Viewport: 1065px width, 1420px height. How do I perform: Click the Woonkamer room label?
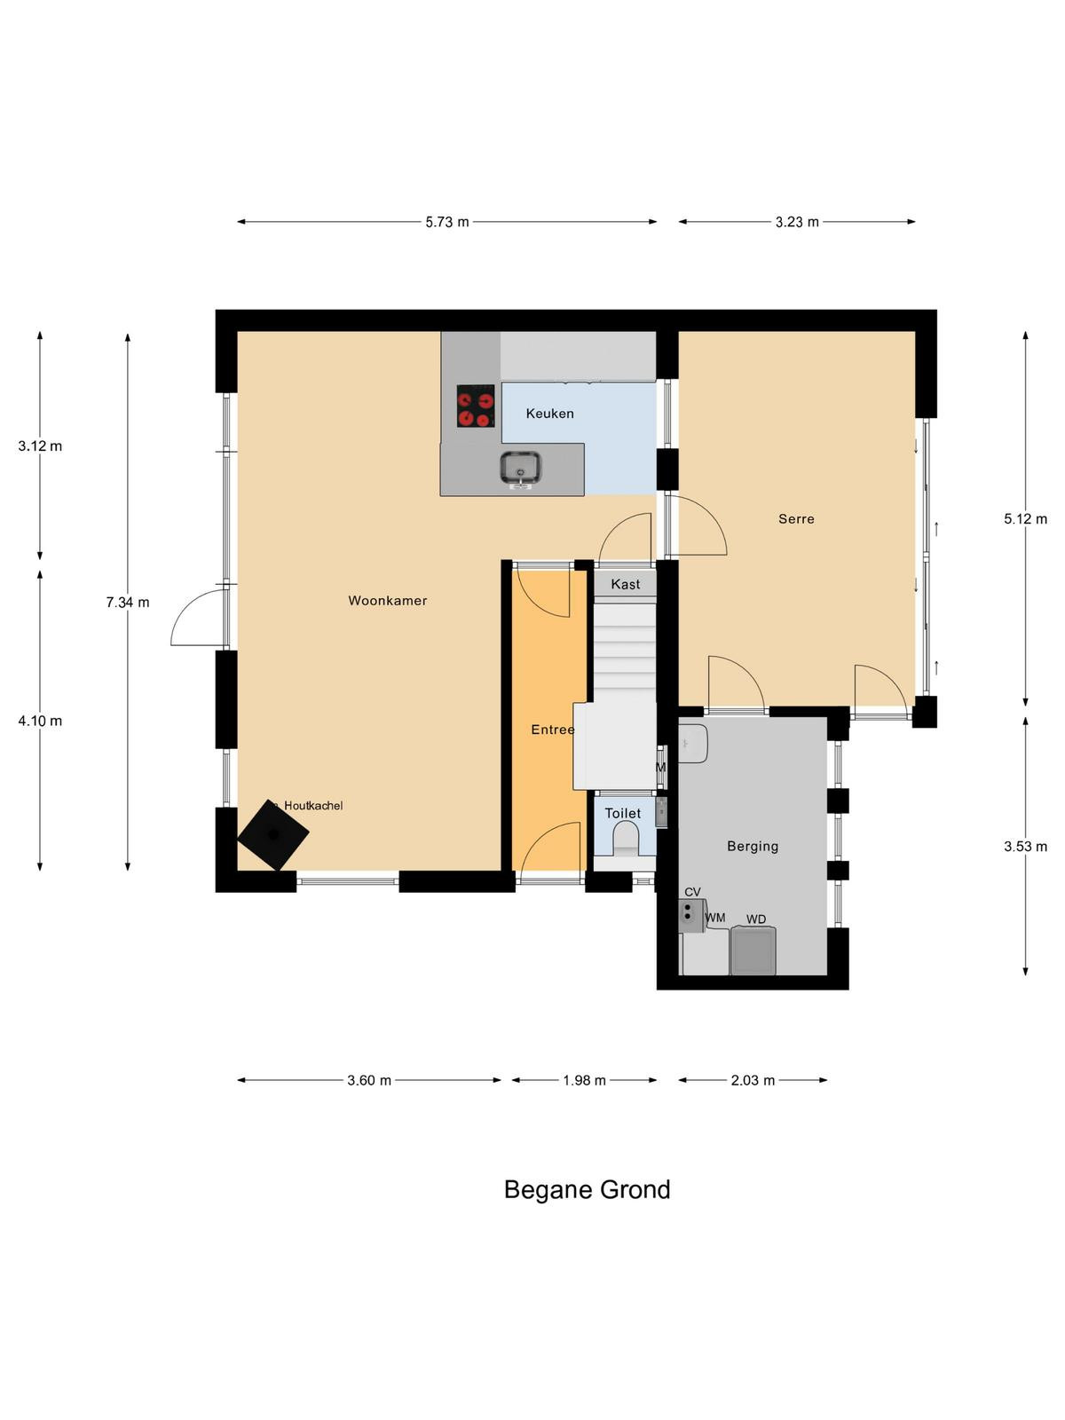pos(387,600)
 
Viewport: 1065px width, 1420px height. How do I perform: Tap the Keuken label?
pos(549,414)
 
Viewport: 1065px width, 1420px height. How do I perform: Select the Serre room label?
pos(796,519)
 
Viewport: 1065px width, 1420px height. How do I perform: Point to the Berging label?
pos(752,846)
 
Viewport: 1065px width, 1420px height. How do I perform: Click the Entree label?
pos(553,730)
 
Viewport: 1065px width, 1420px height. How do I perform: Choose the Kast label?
pos(626,584)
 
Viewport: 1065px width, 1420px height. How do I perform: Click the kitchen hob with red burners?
pos(476,406)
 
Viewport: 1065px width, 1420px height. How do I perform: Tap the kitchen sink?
pos(521,469)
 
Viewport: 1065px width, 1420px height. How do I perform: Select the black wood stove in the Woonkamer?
pos(272,834)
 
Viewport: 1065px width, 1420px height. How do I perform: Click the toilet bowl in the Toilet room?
pos(626,841)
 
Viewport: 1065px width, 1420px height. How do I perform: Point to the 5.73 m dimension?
pos(446,222)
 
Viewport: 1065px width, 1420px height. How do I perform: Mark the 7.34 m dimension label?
pos(128,603)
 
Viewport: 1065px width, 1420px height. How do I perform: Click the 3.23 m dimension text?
pos(797,222)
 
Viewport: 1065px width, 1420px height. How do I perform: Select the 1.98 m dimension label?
pos(584,1080)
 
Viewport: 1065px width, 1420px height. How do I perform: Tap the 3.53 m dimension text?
pos(1025,846)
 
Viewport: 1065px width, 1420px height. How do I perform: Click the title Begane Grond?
pos(587,1190)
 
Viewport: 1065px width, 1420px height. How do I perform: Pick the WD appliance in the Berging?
pos(753,950)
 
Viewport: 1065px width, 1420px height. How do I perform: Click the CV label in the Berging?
pos(692,892)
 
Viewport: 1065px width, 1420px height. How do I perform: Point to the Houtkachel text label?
pos(313,806)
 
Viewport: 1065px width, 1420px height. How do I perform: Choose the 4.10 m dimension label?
pos(40,721)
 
